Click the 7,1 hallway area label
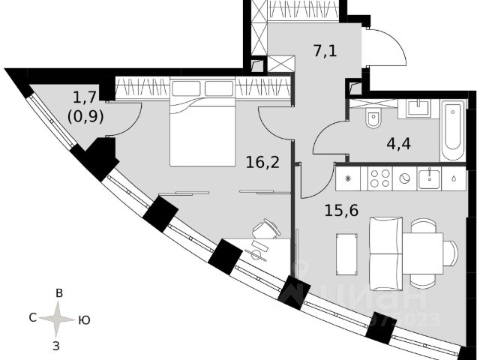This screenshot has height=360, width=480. (x=325, y=51)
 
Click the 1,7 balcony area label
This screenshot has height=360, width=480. (x=84, y=97)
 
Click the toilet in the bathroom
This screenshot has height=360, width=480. (x=373, y=121)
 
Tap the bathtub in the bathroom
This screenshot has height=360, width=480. (x=453, y=130)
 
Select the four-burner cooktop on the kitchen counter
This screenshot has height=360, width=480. (x=379, y=178)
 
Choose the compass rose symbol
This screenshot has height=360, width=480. (x=57, y=319)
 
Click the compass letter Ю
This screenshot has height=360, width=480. (x=85, y=320)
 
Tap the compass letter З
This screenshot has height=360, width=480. (x=57, y=346)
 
